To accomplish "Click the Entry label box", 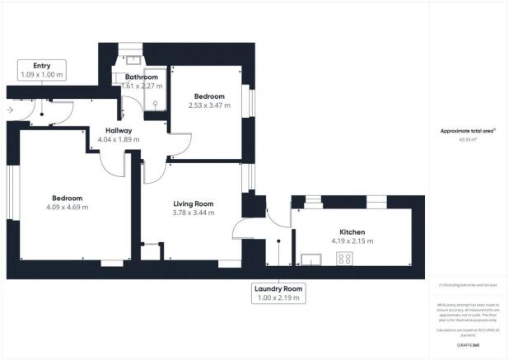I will coord(41,70).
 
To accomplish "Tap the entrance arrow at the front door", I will coord(9,108).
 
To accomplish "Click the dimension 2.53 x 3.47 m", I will coord(210,105).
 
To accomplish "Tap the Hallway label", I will coord(119,130).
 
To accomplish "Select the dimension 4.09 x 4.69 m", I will coord(69,207).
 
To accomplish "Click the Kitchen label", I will coord(352,231).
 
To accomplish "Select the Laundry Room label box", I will coord(279,293).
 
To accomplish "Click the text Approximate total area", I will coord(467,131).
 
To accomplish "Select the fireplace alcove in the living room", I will coord(151,251).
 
